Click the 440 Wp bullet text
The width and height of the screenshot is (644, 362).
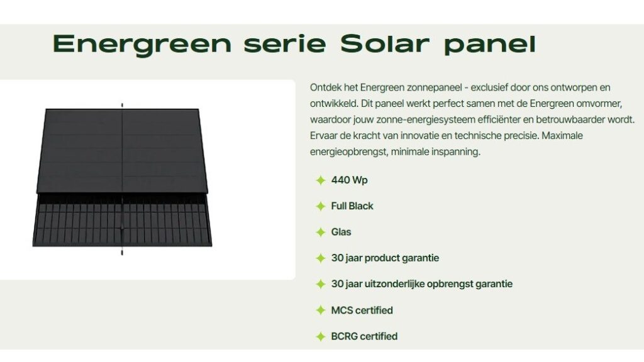[349, 180]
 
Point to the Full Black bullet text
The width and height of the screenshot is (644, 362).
[352, 206]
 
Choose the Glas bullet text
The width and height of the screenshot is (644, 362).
[341, 232]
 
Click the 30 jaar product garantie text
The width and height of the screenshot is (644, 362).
[385, 258]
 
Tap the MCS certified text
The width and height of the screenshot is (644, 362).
[362, 310]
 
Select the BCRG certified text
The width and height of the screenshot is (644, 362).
[364, 336]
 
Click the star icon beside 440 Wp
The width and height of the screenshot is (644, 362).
[320, 180]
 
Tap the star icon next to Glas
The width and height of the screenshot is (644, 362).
[320, 232]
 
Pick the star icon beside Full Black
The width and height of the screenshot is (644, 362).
[320, 206]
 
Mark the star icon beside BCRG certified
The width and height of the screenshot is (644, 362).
[320, 336]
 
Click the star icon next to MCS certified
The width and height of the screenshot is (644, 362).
[320, 310]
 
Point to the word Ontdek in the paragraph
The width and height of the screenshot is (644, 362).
[325, 87]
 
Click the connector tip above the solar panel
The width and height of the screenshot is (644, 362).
[122, 104]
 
